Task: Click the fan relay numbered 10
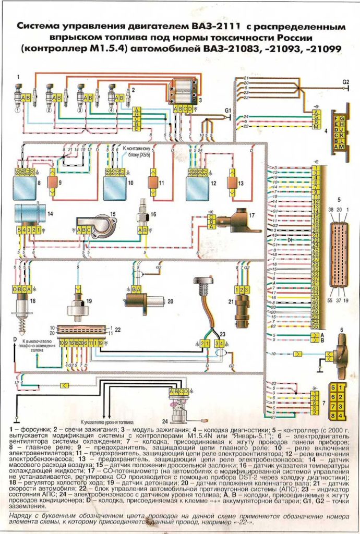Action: pos(115,187)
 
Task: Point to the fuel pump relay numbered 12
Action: pos(198,187)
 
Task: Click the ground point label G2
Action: pos(345,82)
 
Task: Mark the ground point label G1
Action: pos(227,111)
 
